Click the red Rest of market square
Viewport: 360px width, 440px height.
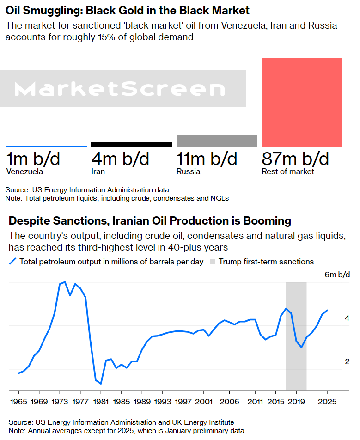302,102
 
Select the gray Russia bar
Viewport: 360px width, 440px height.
217,141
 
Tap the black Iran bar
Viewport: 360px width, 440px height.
132,144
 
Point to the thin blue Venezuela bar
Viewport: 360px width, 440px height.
46,146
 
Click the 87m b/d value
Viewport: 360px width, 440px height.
295,159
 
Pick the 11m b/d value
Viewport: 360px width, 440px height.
207,159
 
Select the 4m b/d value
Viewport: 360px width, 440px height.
121,159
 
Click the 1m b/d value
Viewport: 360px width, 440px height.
33,159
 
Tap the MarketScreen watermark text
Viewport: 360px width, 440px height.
119,89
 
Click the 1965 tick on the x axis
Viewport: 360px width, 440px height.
19,401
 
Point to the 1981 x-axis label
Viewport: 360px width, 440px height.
101,401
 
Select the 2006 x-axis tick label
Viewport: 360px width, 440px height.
229,401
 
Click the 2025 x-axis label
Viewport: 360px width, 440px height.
327,401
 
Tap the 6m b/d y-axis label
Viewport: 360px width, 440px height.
337,275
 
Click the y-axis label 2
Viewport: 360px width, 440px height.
347,361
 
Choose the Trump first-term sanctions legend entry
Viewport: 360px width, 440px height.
266,262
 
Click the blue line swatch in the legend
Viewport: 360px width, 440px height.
12,262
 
